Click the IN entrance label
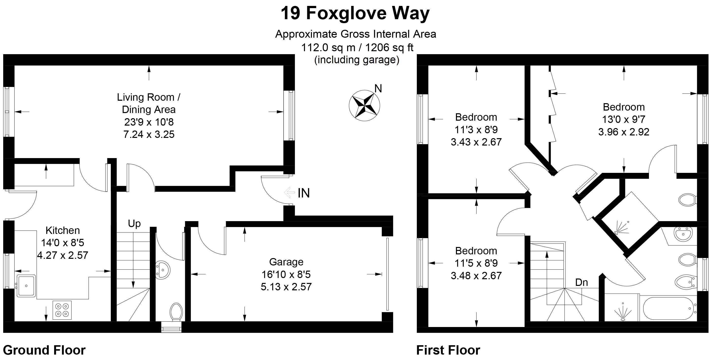304,193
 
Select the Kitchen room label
63,230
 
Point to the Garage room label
286,262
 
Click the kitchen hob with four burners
62,310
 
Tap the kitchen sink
26,286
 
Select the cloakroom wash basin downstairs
163,270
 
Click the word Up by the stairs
134,224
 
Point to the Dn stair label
581,282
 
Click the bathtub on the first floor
669,309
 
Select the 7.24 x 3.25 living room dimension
149,134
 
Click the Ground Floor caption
44,350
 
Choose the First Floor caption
448,350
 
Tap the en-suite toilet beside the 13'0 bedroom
688,199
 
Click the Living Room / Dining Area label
149,103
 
